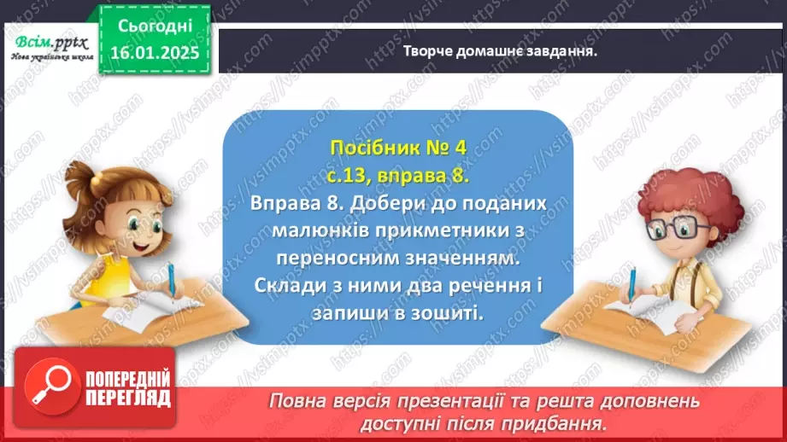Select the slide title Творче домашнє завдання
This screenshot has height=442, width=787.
click(x=499, y=50)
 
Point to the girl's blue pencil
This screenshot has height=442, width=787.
click(x=171, y=281)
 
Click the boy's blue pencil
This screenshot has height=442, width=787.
click(x=633, y=283)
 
